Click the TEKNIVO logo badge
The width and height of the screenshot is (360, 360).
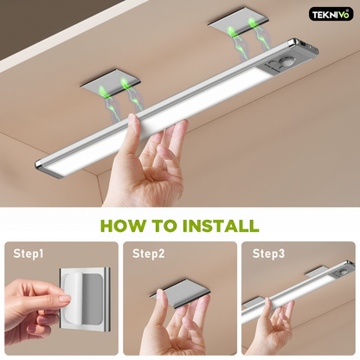point(331,14)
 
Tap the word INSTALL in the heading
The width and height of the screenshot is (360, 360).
point(221,226)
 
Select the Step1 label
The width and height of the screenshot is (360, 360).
point(29,254)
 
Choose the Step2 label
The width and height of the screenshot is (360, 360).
point(149,254)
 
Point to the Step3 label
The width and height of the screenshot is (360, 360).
point(268,254)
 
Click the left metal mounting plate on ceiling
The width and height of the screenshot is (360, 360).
point(110,82)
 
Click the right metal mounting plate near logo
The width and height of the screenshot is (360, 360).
point(238,22)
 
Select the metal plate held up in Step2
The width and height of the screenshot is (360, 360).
point(180,292)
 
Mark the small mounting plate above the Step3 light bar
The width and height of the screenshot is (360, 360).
point(317,272)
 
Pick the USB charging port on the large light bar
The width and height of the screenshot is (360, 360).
point(303,43)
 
